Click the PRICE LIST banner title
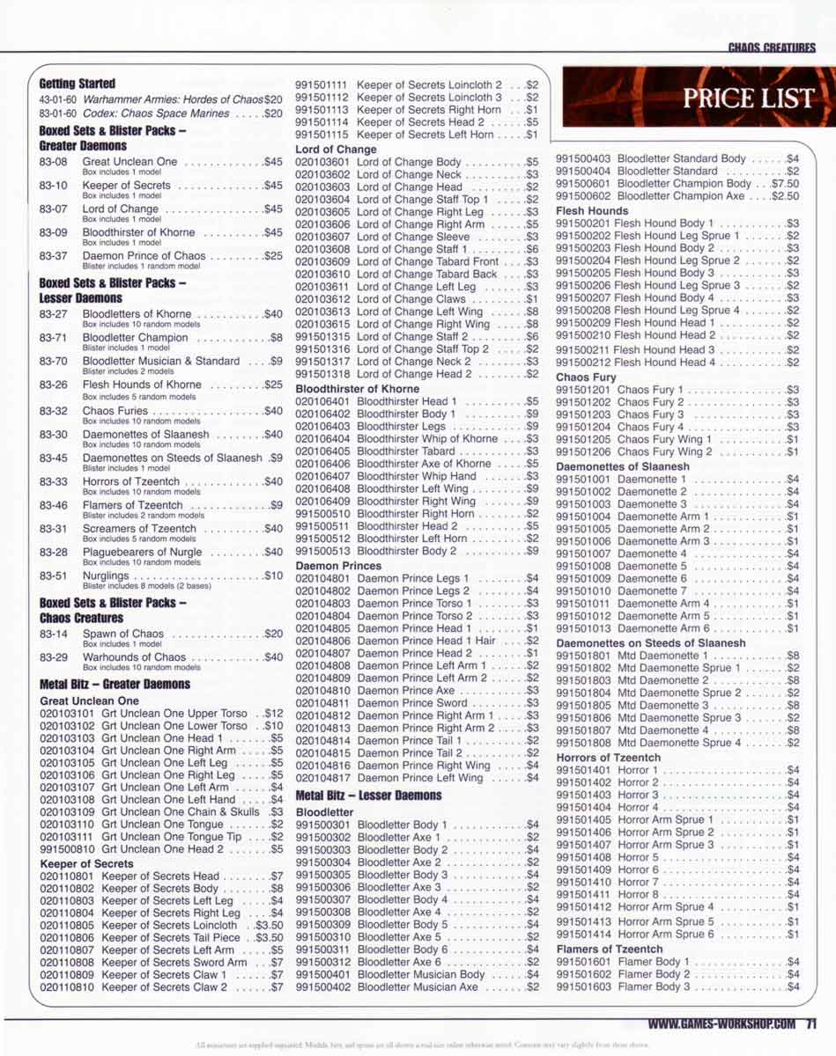click(x=747, y=98)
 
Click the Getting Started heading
click(x=77, y=84)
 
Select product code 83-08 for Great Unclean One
click(x=53, y=162)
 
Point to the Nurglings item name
click(x=107, y=576)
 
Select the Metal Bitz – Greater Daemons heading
click(x=115, y=684)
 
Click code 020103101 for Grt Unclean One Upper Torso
click(x=68, y=714)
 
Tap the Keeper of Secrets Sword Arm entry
click(x=174, y=963)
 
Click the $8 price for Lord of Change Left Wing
click(x=531, y=312)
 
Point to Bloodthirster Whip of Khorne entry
click(x=427, y=438)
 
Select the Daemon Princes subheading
click(x=338, y=565)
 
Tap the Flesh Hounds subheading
click(x=592, y=211)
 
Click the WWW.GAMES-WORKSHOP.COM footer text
click(x=721, y=1023)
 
